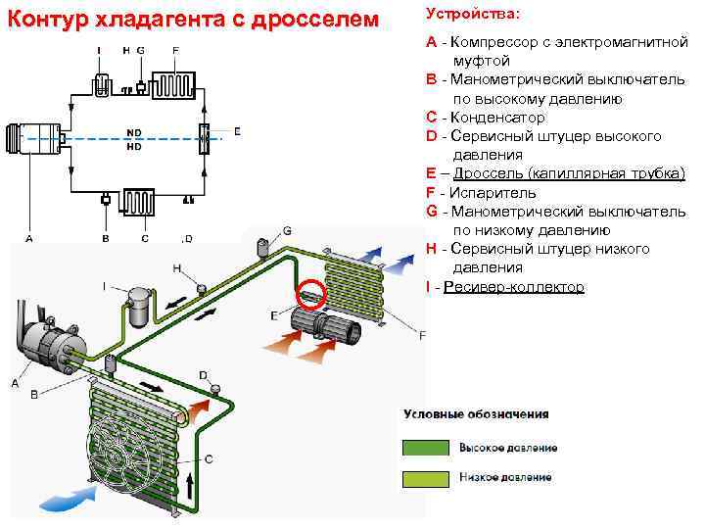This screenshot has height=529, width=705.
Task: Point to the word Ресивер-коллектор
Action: point(513,286)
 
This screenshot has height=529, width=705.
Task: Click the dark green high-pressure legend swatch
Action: point(424,448)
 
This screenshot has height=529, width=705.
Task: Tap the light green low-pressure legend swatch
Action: point(424,477)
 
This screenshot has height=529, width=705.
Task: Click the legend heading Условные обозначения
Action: point(476,414)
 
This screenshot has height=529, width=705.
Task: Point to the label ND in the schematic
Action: point(134,132)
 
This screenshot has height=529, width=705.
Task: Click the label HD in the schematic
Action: point(134,149)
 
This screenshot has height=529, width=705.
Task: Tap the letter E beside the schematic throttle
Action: point(237,130)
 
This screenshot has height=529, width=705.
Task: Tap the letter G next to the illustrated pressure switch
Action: point(287,229)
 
